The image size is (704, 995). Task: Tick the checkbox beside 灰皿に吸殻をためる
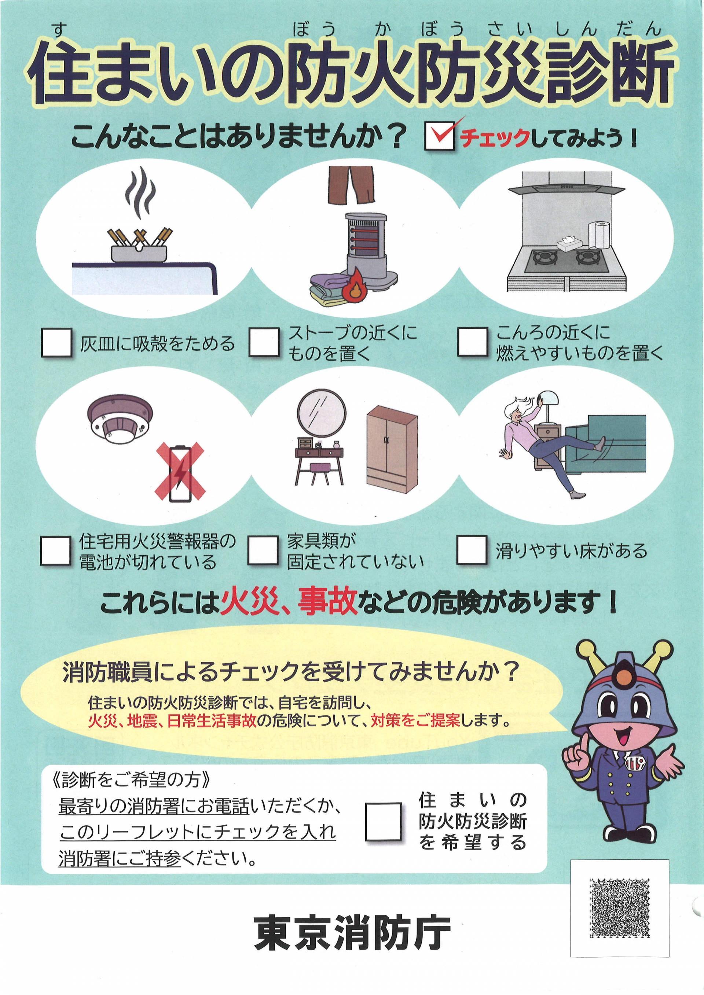[56, 342]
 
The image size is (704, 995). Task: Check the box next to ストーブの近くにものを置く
[264, 342]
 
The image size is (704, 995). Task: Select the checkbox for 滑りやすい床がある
[472, 550]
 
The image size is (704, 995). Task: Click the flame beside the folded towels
[354, 285]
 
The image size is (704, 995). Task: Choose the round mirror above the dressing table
[321, 413]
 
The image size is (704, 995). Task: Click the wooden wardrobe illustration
[392, 449]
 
